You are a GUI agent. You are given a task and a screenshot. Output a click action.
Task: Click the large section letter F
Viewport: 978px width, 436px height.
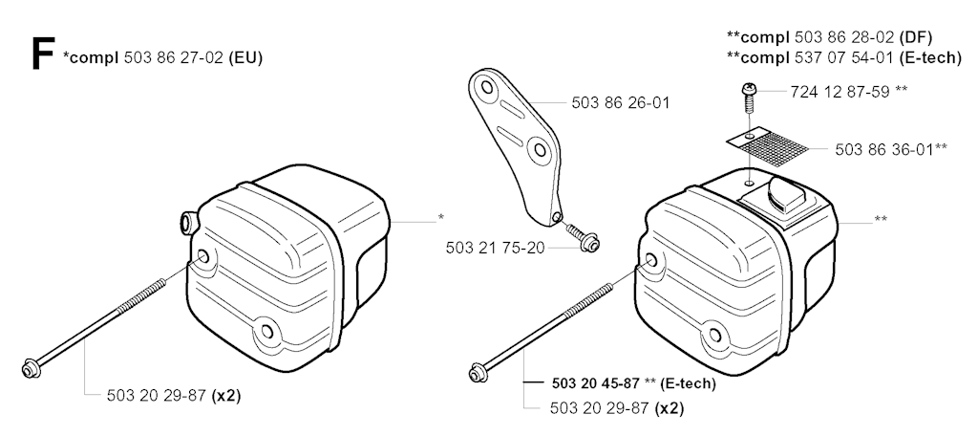(x=42, y=54)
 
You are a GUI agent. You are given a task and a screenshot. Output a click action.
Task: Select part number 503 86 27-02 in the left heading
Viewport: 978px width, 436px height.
(x=174, y=58)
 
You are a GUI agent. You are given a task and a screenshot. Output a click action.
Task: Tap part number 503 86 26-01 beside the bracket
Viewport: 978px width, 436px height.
(x=621, y=102)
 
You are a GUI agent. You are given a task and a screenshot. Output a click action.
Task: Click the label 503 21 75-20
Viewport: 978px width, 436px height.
(x=496, y=248)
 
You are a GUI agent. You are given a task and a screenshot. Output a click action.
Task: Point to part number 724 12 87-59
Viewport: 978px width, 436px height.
(x=840, y=92)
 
